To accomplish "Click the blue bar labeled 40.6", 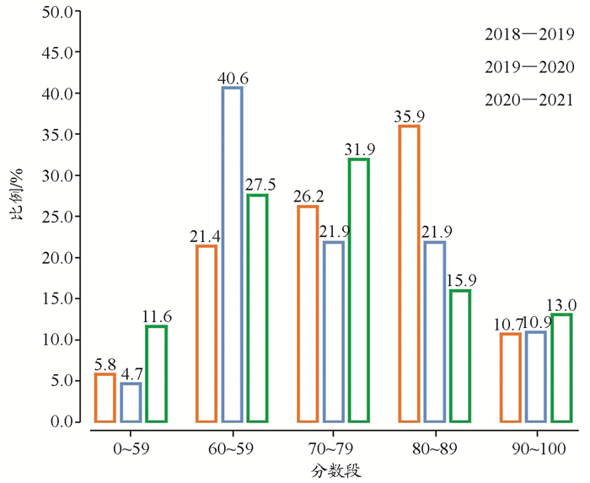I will [x=232, y=254].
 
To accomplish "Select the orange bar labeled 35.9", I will [x=409, y=273].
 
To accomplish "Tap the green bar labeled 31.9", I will [x=358, y=290].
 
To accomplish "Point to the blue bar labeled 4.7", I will [x=131, y=402].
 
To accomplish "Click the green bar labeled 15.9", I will [x=459, y=356].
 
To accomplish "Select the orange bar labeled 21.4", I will [x=206, y=333].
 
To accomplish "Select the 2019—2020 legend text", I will [x=529, y=67].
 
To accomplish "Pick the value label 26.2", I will [x=308, y=196].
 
